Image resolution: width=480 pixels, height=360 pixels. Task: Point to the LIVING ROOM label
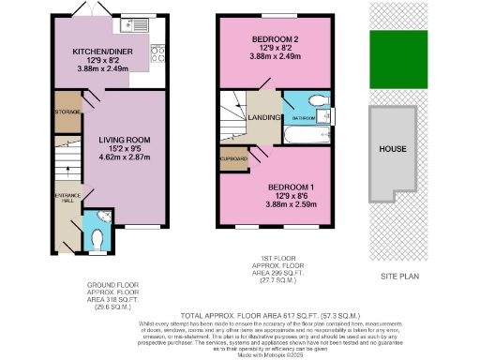coord(125,141)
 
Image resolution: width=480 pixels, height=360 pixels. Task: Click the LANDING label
coord(263,117)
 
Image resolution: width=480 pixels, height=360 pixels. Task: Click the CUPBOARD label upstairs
coord(233,159)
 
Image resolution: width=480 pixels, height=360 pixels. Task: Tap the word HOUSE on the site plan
coord(393,149)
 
